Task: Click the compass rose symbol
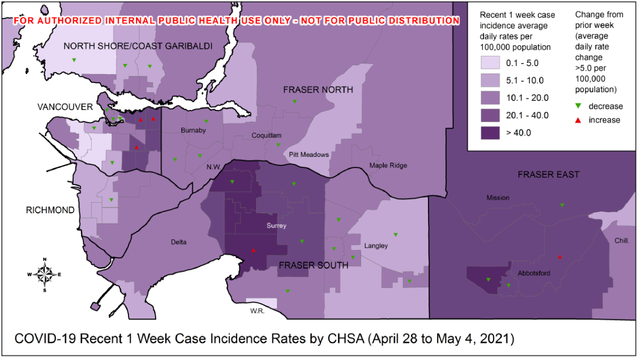45,275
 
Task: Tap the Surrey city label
277,226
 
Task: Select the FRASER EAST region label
548,174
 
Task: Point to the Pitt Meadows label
309,155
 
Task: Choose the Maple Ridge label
388,165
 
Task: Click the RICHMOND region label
50,210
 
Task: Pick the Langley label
376,246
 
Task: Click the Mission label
498,198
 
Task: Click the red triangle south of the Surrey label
253,250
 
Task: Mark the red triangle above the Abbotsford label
560,257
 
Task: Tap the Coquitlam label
266,135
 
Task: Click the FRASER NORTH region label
318,90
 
